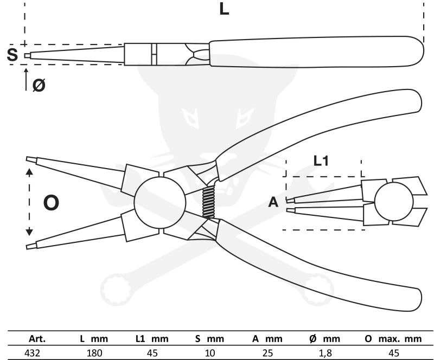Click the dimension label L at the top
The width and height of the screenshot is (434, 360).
point(224,9)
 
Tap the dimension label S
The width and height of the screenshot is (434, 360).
point(12,55)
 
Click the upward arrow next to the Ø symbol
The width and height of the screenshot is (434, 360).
point(25,79)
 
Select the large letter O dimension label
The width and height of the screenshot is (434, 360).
point(51,203)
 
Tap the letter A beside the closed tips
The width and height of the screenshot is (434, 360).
point(273,203)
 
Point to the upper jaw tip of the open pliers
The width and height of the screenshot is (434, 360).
point(30,159)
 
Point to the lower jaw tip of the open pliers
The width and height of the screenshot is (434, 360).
point(30,247)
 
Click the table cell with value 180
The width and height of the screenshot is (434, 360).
point(93,353)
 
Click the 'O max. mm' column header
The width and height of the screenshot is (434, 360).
point(393,339)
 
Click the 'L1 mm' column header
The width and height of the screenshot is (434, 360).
point(152,339)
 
